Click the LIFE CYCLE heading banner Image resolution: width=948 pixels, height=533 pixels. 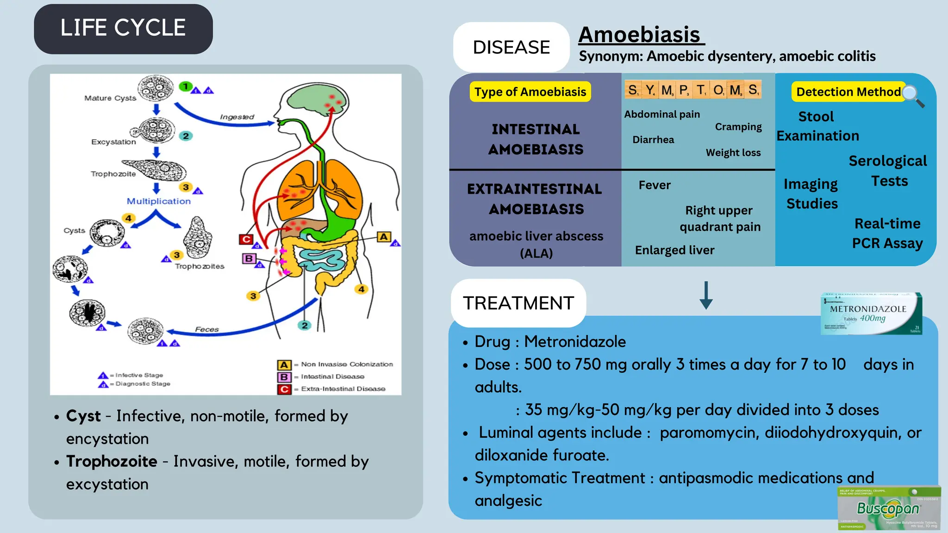click(x=123, y=29)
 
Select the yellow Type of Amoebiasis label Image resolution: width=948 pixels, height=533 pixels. click(x=530, y=92)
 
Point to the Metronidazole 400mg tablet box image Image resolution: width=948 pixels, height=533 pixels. click(x=871, y=314)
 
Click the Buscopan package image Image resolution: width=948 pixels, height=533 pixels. click(x=888, y=508)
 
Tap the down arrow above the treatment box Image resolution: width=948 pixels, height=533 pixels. click(x=706, y=296)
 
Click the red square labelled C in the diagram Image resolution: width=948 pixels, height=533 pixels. click(x=246, y=239)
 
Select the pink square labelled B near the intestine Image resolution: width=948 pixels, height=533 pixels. click(x=249, y=258)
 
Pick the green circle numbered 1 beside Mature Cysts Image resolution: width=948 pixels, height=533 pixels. click(x=185, y=87)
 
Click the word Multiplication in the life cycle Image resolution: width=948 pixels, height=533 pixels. click(x=159, y=201)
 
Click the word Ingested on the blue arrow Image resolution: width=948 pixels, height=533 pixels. click(x=237, y=117)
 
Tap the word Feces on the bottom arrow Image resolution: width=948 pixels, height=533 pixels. click(x=206, y=329)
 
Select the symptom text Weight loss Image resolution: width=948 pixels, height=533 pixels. click(x=733, y=153)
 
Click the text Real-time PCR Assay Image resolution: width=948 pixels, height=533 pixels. click(x=887, y=233)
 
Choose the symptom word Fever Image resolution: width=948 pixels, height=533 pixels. click(x=654, y=185)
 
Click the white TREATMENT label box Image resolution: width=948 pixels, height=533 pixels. click(x=518, y=303)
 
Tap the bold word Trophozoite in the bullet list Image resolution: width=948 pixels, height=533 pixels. click(x=112, y=461)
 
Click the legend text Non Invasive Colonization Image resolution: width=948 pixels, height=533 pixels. click(x=347, y=364)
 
